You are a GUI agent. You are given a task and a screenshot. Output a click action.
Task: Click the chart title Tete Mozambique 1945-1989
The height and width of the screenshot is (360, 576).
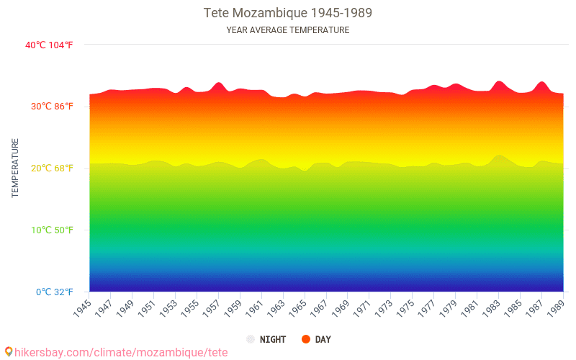tap(288, 13)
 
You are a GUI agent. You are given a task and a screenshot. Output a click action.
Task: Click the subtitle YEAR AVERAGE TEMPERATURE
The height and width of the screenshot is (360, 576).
tap(288, 30)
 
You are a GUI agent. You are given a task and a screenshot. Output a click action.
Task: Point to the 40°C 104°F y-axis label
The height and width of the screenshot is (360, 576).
tap(49, 45)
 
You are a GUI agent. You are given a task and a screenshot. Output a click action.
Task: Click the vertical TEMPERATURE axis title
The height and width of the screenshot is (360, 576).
tap(15, 168)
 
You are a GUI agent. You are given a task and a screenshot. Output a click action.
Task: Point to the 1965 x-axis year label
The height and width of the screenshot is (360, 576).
tap(297, 308)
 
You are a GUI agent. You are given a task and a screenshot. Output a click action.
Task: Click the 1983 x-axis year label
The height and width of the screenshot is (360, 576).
tap(490, 308)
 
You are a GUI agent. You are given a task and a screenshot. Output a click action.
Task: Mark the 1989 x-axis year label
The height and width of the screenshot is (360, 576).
tap(554, 308)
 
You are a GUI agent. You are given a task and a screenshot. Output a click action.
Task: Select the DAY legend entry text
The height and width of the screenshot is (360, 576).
tap(323, 339)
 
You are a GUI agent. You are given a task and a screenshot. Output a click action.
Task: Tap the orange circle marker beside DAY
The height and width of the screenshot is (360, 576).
tap(306, 339)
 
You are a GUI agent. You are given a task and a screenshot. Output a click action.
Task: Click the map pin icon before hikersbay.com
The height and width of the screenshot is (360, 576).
tap(9, 351)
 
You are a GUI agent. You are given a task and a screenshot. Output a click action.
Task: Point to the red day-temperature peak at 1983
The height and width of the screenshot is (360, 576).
tap(499, 82)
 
